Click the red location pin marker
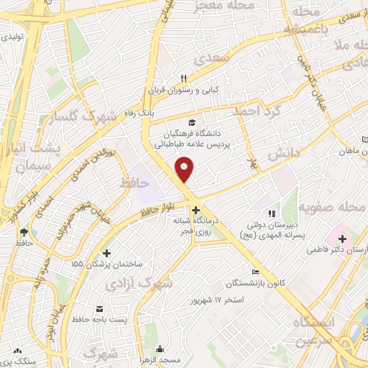185,169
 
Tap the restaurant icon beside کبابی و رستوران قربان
184,79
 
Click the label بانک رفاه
155,112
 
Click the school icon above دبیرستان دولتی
272,213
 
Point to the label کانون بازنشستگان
259,282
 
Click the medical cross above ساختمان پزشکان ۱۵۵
107,253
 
